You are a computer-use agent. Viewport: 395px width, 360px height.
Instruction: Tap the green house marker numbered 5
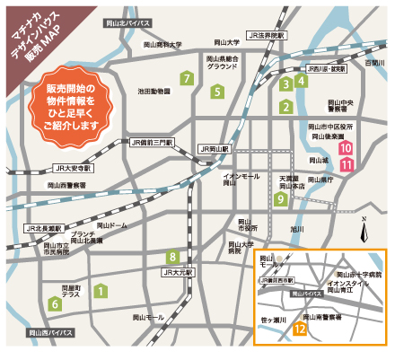217,91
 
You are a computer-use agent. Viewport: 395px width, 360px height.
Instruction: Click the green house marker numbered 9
282,198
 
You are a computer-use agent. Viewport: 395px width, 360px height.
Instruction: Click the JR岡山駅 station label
215,149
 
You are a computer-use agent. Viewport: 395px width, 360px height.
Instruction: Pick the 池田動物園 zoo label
154,91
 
